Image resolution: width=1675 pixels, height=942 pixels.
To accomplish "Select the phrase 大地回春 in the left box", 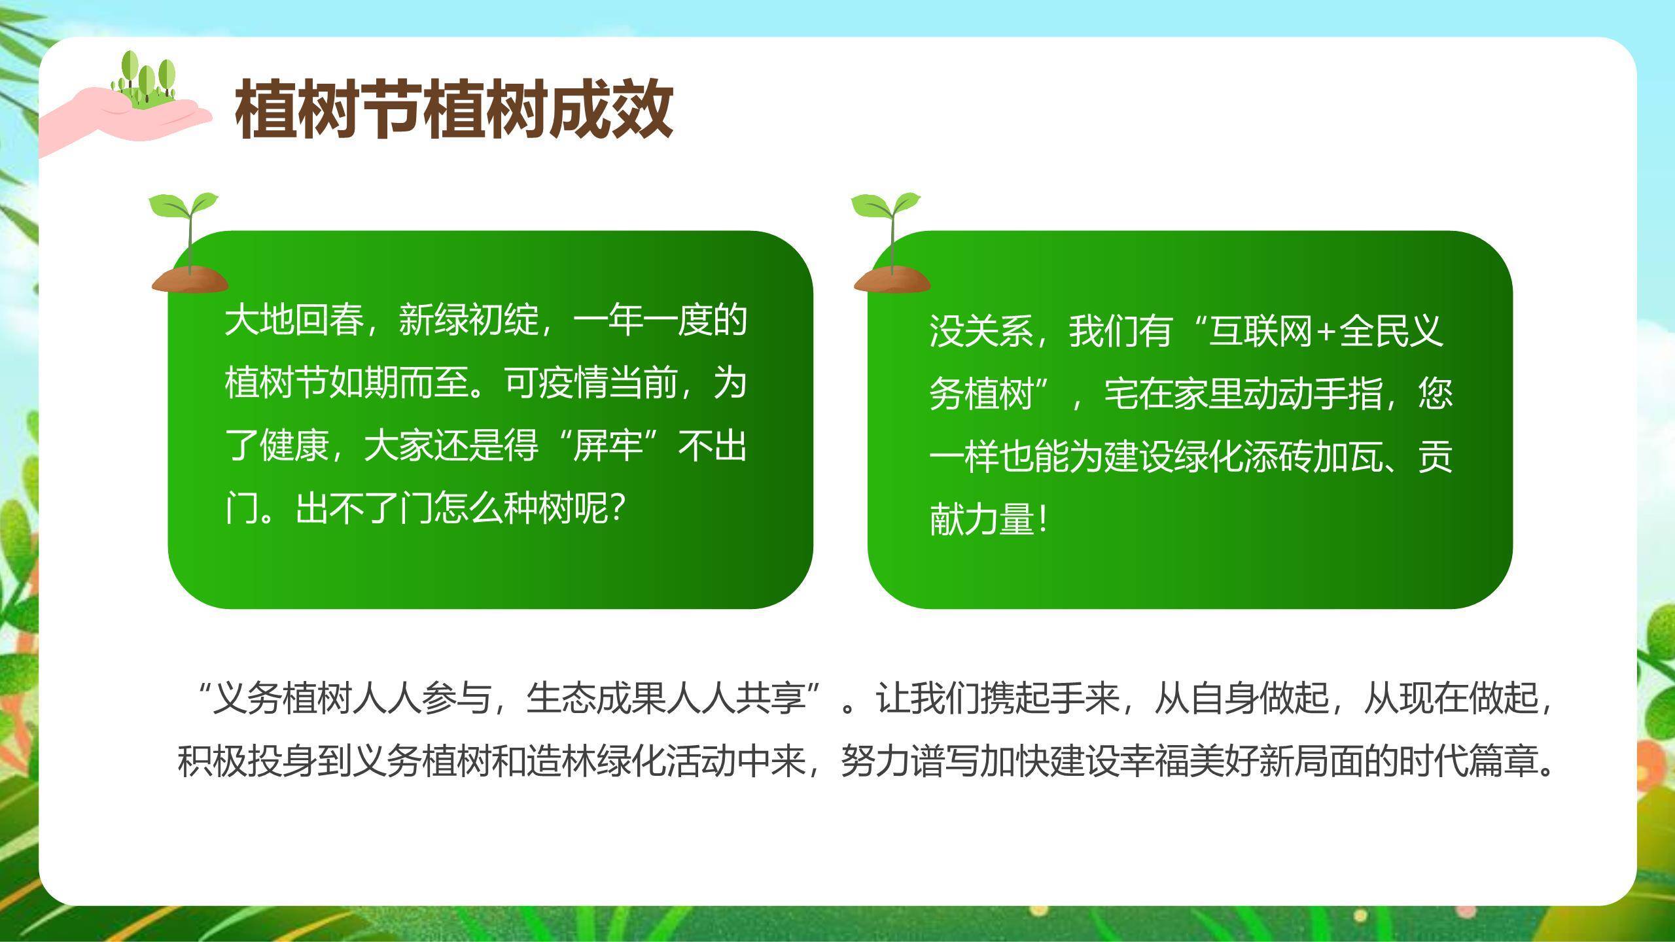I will coord(294,321).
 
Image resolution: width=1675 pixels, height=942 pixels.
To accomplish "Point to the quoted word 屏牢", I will coord(608,447).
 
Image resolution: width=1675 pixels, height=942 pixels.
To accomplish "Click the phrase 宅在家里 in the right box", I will coord(1174,394).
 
